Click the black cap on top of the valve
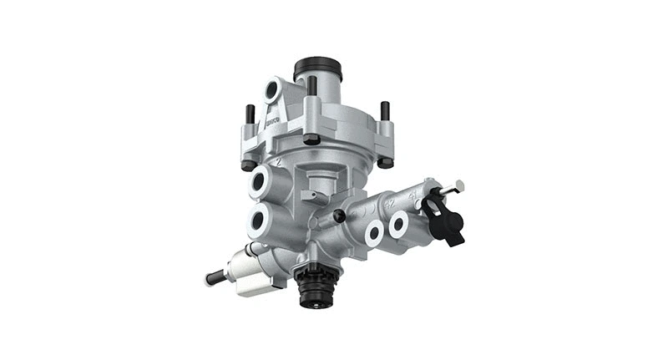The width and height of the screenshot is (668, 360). [x=318, y=67]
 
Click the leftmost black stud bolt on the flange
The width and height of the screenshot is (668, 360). [x=249, y=113]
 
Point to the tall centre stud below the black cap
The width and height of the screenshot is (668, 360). [x=311, y=87]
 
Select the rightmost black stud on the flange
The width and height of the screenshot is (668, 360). [x=384, y=111]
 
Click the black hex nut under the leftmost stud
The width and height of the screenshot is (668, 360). [x=249, y=164]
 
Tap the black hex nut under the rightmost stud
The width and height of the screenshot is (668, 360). [x=385, y=162]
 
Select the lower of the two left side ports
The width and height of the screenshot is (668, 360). [x=258, y=220]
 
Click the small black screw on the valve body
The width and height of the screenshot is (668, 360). [x=339, y=215]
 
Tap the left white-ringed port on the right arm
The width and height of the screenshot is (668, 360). [x=374, y=233]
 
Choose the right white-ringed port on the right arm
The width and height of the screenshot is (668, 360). [x=398, y=222]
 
